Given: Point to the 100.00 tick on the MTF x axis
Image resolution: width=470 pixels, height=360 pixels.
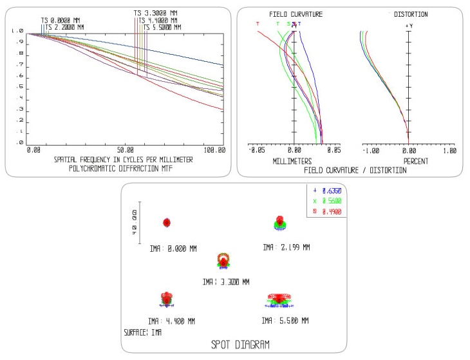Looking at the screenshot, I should coord(214,149).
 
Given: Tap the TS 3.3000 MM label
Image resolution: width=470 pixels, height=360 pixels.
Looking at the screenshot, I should coord(155,13).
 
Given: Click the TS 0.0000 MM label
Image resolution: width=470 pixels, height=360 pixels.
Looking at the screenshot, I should coord(62,20).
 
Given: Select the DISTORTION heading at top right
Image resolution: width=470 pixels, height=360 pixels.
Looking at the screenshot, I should coord(410,14).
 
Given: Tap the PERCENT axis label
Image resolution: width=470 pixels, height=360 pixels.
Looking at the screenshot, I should coord(416,161).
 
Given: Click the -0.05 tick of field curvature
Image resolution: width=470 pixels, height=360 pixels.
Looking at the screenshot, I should coord(256,150).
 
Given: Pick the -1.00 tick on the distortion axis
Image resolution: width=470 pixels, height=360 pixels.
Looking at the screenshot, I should coord(371,150).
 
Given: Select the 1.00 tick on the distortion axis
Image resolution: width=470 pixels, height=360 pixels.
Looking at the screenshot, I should coord(448,150).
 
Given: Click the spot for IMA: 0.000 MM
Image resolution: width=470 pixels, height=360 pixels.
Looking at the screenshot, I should coord(167,223).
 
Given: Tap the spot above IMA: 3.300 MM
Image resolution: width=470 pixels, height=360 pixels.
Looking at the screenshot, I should coord(223,260).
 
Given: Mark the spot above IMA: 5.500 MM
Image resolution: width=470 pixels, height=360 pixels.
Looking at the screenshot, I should coord(279,299).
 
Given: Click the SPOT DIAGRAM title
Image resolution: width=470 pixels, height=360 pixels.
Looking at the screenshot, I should coord(240,345).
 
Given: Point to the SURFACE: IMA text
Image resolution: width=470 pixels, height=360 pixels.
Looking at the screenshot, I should coord(143,333).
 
